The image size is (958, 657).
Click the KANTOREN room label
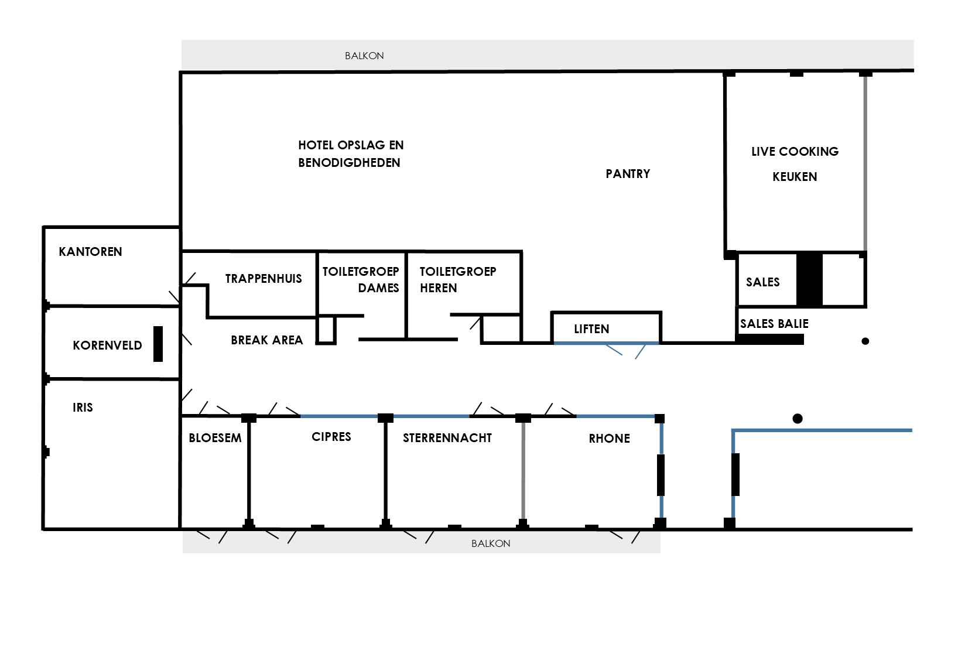point(90,252)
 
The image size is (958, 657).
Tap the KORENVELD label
point(107,345)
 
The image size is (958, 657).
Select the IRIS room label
point(83,407)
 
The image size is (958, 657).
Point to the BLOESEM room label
point(215,437)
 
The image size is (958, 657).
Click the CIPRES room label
point(331,437)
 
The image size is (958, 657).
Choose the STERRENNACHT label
point(447,437)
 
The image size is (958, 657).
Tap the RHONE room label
point(610,439)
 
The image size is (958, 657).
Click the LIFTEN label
point(591,329)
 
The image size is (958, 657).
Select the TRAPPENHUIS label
point(264,279)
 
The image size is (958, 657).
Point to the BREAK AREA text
point(267,340)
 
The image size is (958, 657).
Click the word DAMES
point(378,288)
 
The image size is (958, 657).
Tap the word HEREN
point(439,288)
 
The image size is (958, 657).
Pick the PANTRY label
point(628,174)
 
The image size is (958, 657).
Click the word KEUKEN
point(795,177)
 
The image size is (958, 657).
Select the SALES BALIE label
point(775,324)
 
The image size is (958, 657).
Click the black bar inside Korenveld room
point(158,344)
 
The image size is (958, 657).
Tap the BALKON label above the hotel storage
point(364,56)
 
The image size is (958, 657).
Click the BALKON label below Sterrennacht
point(491,543)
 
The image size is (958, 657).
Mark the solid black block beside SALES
point(810,279)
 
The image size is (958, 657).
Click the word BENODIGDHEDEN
point(349,163)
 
